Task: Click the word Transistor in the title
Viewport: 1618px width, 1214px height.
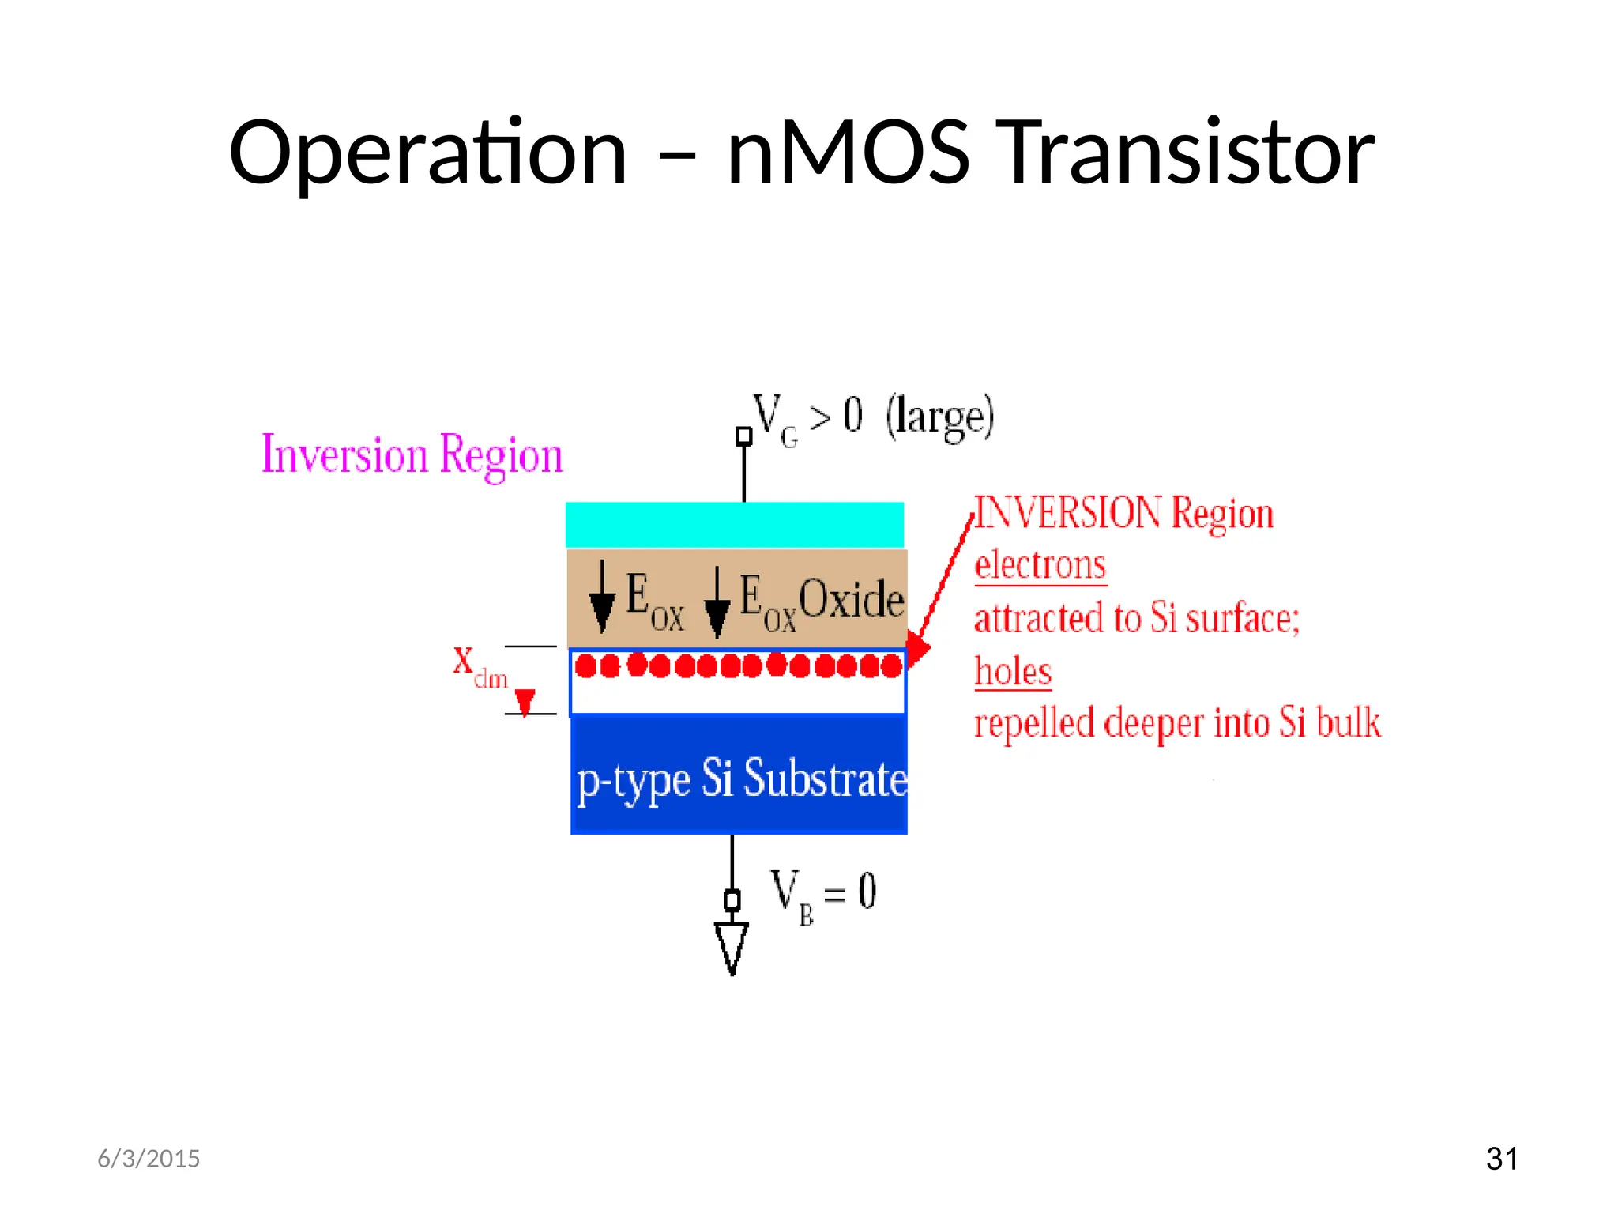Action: click(1189, 153)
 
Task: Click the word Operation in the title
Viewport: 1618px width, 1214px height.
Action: click(427, 153)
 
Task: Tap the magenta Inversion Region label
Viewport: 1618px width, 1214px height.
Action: click(412, 455)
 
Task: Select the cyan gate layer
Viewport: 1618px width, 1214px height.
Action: click(735, 524)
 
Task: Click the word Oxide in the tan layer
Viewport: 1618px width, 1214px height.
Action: click(851, 600)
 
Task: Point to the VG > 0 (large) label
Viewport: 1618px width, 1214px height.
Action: click(873, 417)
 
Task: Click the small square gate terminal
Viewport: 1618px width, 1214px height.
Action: click(743, 436)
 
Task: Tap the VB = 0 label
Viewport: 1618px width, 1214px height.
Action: click(823, 895)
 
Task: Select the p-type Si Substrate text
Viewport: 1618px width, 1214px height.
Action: click(741, 779)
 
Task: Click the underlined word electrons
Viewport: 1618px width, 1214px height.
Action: click(1040, 566)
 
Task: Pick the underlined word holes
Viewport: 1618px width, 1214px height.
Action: click(1013, 672)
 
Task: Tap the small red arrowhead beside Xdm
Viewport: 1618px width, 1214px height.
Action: click(525, 701)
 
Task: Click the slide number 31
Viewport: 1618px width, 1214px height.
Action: click(1501, 1159)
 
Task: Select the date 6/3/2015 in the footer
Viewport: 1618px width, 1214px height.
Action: click(149, 1159)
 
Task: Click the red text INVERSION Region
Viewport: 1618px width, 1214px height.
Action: click(1123, 513)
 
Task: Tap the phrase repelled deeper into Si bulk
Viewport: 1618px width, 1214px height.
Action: click(1177, 723)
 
